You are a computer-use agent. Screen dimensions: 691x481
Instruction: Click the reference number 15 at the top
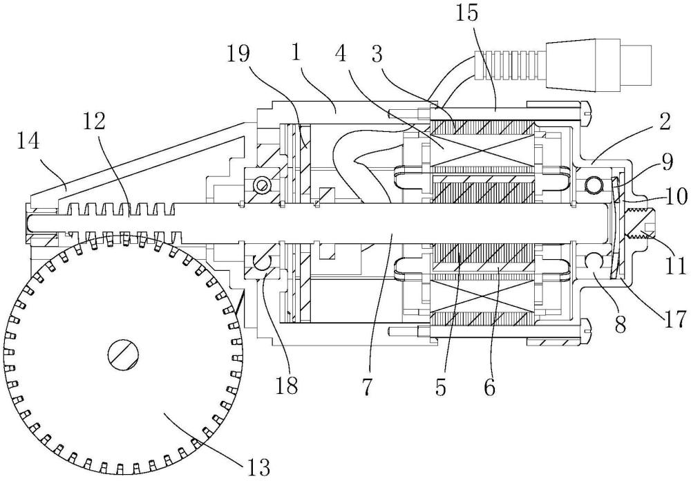point(467,13)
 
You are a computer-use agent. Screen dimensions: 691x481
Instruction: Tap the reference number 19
point(238,55)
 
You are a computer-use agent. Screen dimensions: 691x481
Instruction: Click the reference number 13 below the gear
point(258,466)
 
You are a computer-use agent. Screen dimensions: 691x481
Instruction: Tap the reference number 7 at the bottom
point(368,386)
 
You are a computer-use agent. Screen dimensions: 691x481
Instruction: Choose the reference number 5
point(440,386)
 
